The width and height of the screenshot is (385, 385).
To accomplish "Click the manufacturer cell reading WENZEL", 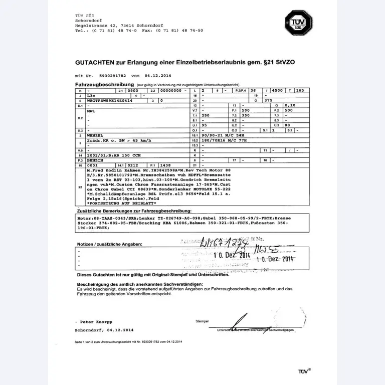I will (x=96, y=135).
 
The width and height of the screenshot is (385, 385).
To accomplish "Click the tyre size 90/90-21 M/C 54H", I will (x=220, y=135).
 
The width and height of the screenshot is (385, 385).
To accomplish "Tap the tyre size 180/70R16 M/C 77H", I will (x=221, y=140).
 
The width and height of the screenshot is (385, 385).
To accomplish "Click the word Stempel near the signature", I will (x=202, y=321).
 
